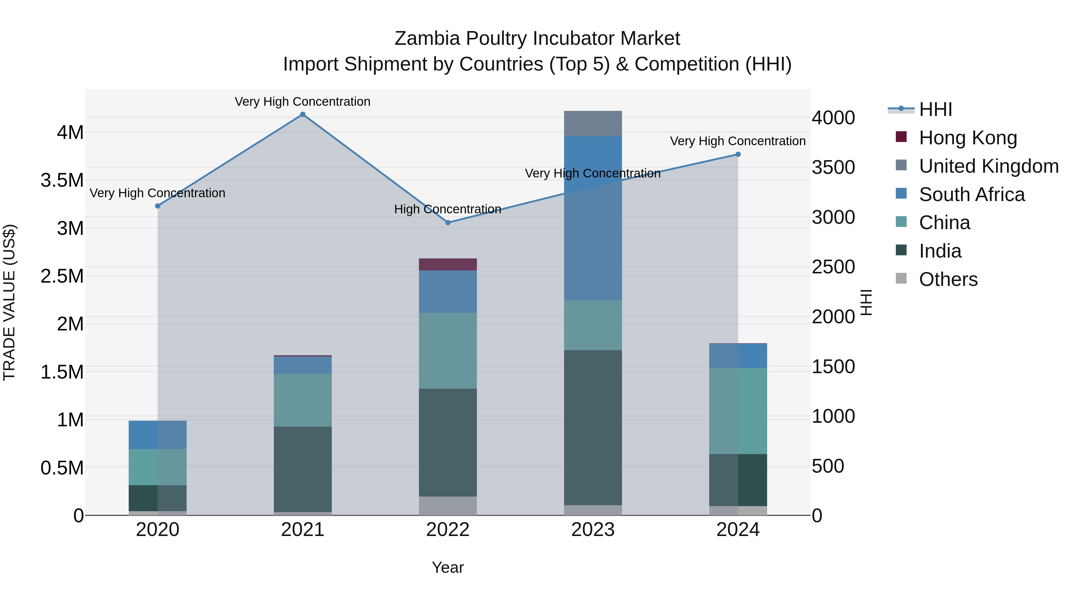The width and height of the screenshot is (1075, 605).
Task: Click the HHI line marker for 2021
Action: click(302, 114)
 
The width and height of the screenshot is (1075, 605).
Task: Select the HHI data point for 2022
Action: click(448, 223)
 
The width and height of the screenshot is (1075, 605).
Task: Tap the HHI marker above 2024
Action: click(738, 154)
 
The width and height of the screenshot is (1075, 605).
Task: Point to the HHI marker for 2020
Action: click(158, 206)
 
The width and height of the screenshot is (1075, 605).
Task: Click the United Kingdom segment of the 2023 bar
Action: click(592, 124)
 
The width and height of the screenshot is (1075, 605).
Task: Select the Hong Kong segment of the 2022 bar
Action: click(448, 264)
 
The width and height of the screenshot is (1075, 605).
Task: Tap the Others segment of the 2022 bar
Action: click(448, 506)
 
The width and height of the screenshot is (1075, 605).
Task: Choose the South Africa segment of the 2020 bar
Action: click(158, 435)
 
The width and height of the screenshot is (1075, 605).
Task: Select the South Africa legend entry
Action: click(971, 194)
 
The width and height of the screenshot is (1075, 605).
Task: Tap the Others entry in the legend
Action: click(948, 279)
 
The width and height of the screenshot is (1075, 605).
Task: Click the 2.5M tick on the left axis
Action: click(62, 276)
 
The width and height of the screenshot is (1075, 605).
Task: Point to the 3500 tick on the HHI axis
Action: click(833, 167)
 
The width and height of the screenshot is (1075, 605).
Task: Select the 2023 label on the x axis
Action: click(592, 530)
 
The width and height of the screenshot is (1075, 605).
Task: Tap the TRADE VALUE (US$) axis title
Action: click(10, 302)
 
